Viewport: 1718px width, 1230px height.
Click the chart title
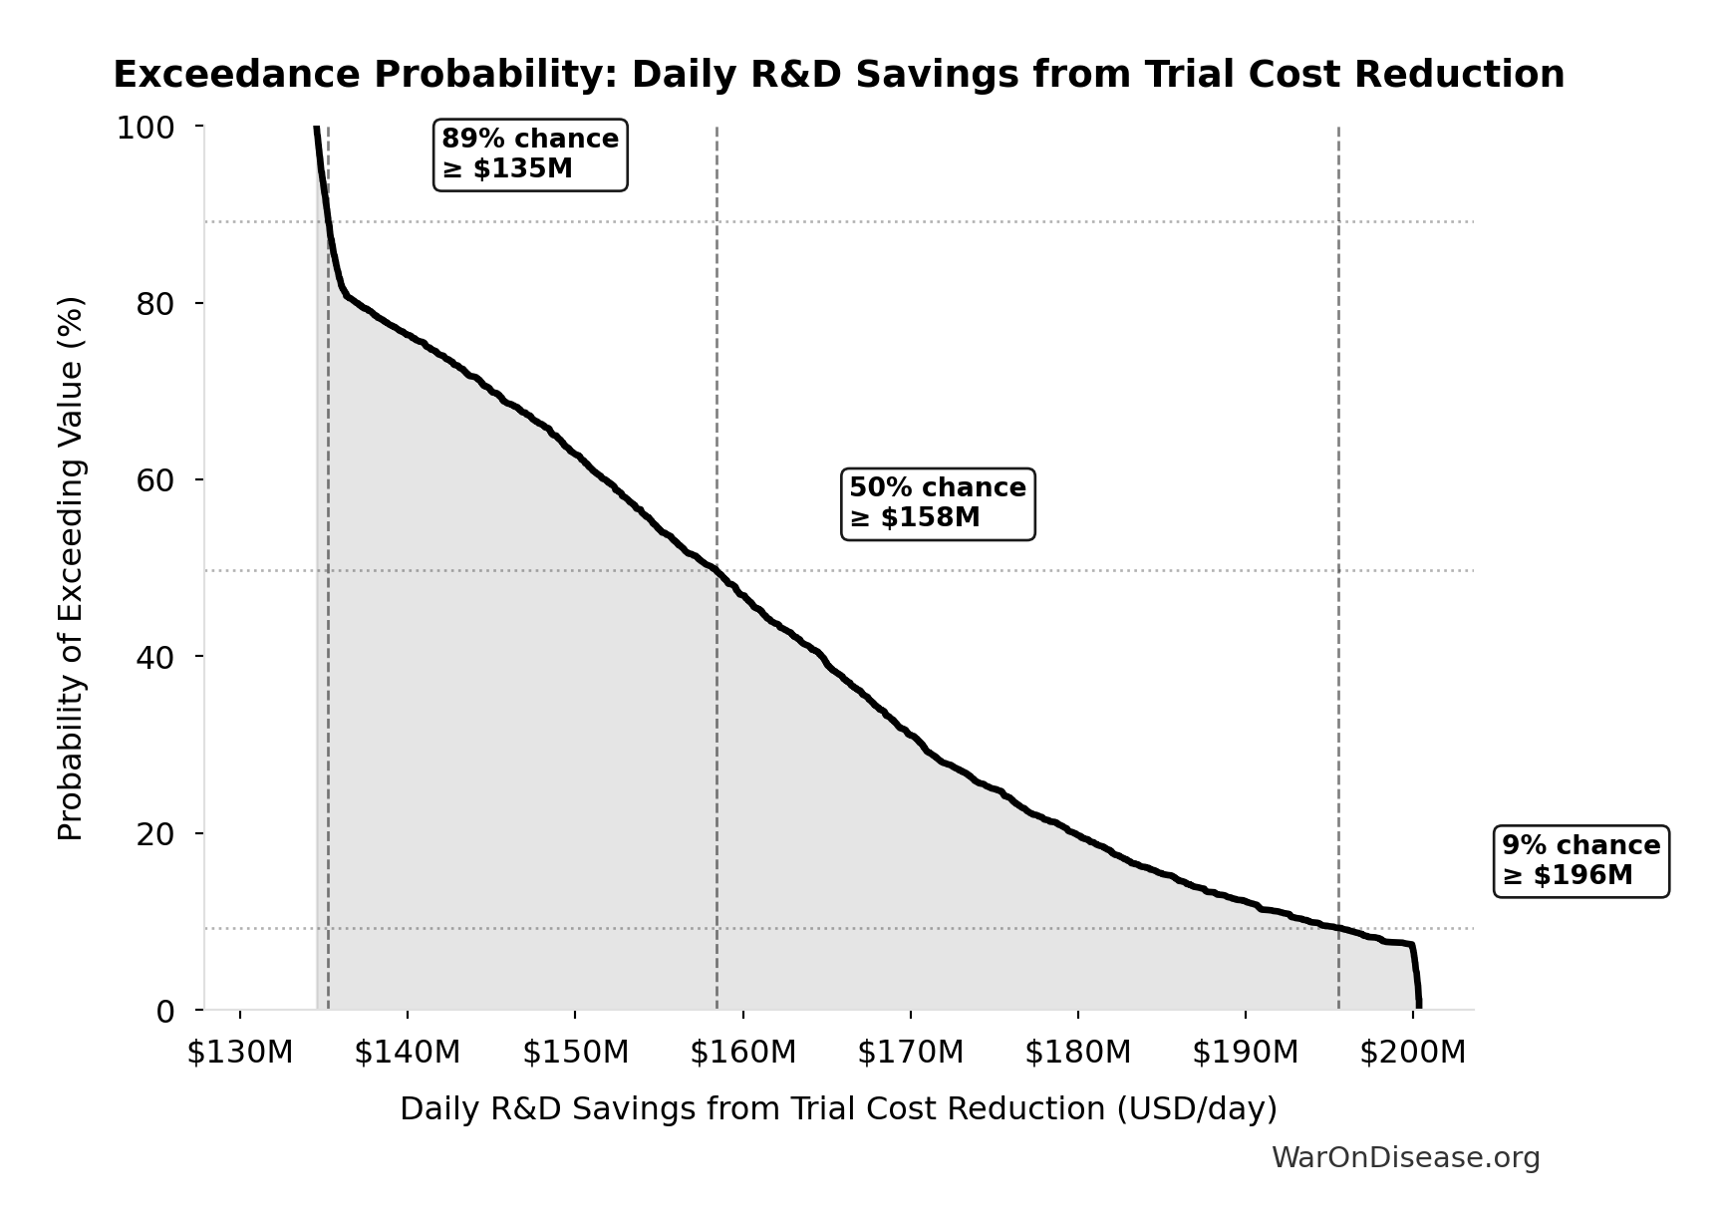(x=838, y=75)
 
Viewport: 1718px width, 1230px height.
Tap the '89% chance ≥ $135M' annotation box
(x=530, y=154)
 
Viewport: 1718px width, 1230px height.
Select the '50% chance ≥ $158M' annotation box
(x=937, y=503)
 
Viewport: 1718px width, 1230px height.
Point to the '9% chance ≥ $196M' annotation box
(x=1580, y=861)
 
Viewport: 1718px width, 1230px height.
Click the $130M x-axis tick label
(x=240, y=1052)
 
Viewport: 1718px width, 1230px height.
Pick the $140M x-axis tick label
(x=408, y=1052)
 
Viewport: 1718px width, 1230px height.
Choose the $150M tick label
(x=575, y=1052)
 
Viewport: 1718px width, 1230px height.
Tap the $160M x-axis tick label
(x=742, y=1052)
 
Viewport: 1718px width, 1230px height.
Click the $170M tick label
(x=910, y=1052)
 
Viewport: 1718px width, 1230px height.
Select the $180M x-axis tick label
(x=1077, y=1052)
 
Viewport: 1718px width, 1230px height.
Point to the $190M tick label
(x=1245, y=1052)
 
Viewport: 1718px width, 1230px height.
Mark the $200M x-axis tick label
(x=1412, y=1052)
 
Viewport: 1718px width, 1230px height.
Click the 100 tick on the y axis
(x=145, y=128)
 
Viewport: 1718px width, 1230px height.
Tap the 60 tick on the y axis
(x=155, y=480)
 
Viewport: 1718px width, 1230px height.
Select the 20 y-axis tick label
(x=155, y=833)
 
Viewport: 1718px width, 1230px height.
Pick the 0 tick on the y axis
(x=165, y=1011)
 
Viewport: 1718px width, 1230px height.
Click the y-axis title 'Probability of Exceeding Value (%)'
(x=71, y=568)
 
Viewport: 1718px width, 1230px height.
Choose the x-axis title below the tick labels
(x=838, y=1108)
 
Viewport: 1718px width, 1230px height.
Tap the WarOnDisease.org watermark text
(x=1405, y=1157)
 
